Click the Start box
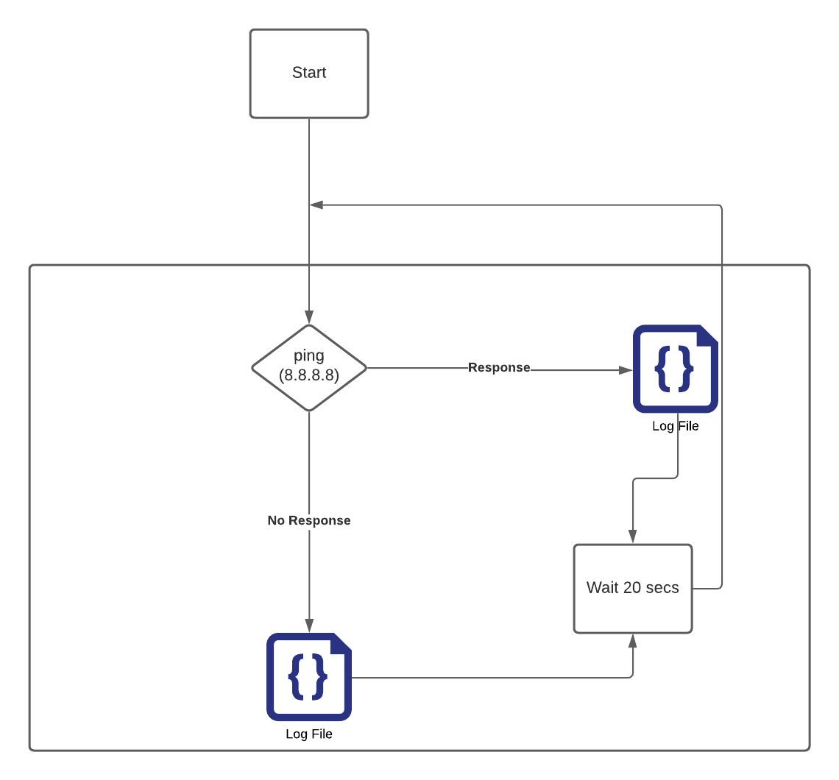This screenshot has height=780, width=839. pos(309,74)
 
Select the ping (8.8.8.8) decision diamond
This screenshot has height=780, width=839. pos(309,367)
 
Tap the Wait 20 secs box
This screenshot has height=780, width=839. pos(633,588)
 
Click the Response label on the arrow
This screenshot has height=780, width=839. pos(499,368)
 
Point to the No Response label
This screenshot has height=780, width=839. pos(309,520)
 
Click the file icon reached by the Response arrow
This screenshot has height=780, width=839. pos(676,369)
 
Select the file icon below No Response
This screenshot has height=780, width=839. pos(309,676)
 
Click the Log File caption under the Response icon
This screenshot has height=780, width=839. pos(676,426)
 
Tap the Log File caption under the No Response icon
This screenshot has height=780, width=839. pos(309,734)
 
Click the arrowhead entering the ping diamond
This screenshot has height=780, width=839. pos(309,318)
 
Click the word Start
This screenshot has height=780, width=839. pos(309,73)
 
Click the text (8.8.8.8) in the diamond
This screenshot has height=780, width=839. pos(309,375)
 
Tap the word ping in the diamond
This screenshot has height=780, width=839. pos(309,356)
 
